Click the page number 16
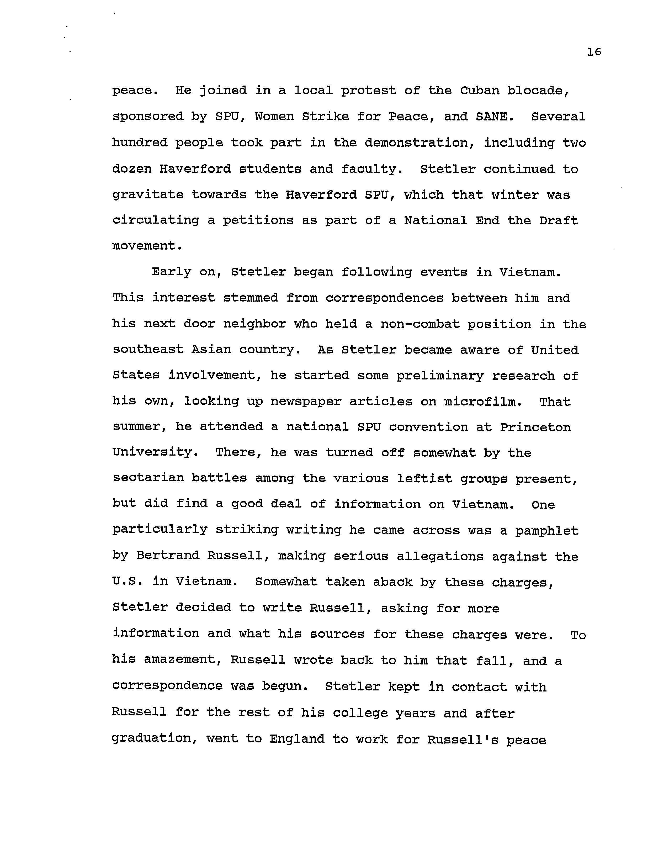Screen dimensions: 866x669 (594, 52)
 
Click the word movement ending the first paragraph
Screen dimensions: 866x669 (147, 246)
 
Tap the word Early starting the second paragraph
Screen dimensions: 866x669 (171, 272)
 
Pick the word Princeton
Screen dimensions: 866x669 (535, 427)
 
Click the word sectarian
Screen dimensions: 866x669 (148, 479)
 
